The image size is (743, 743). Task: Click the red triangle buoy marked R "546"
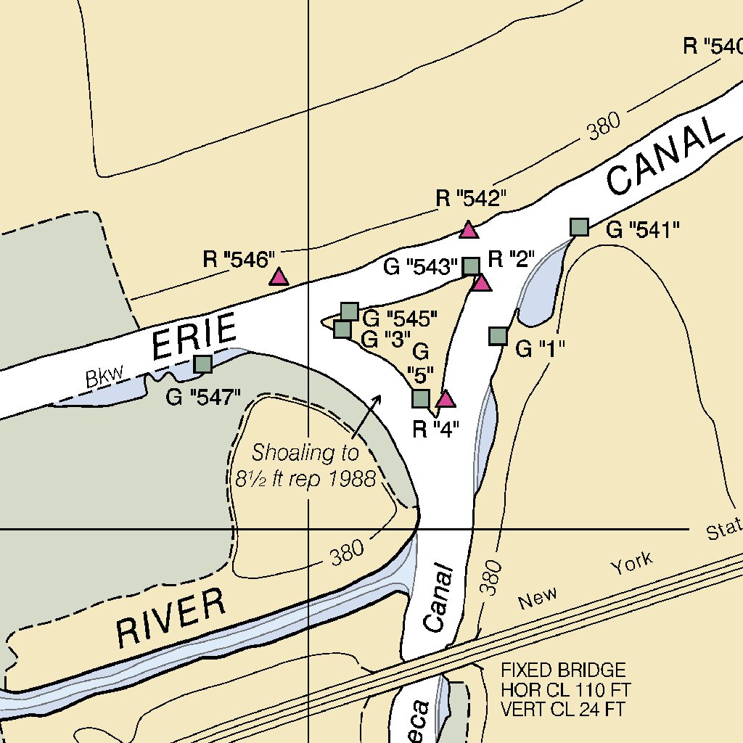tap(279, 276)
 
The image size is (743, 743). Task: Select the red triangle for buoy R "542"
tap(469, 231)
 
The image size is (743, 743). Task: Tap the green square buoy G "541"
tap(579, 227)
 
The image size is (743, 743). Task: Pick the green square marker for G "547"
tap(203, 364)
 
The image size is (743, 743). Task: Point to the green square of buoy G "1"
tap(498, 335)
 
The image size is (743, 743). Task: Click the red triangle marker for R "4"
tap(445, 399)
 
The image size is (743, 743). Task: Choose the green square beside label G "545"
tap(350, 311)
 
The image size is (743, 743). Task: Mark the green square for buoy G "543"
tap(471, 266)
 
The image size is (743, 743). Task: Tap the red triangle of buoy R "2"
tap(482, 282)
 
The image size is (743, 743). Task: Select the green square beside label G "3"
tap(342, 329)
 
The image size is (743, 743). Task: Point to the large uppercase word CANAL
tap(665, 157)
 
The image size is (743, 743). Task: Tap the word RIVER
tap(171, 617)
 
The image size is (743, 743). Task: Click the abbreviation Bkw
tap(104, 377)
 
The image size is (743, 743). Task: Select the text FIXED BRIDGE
tap(562, 670)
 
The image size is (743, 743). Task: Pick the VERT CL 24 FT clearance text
tap(562, 709)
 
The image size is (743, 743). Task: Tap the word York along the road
tap(631, 562)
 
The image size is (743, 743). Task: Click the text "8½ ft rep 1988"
tap(305, 479)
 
